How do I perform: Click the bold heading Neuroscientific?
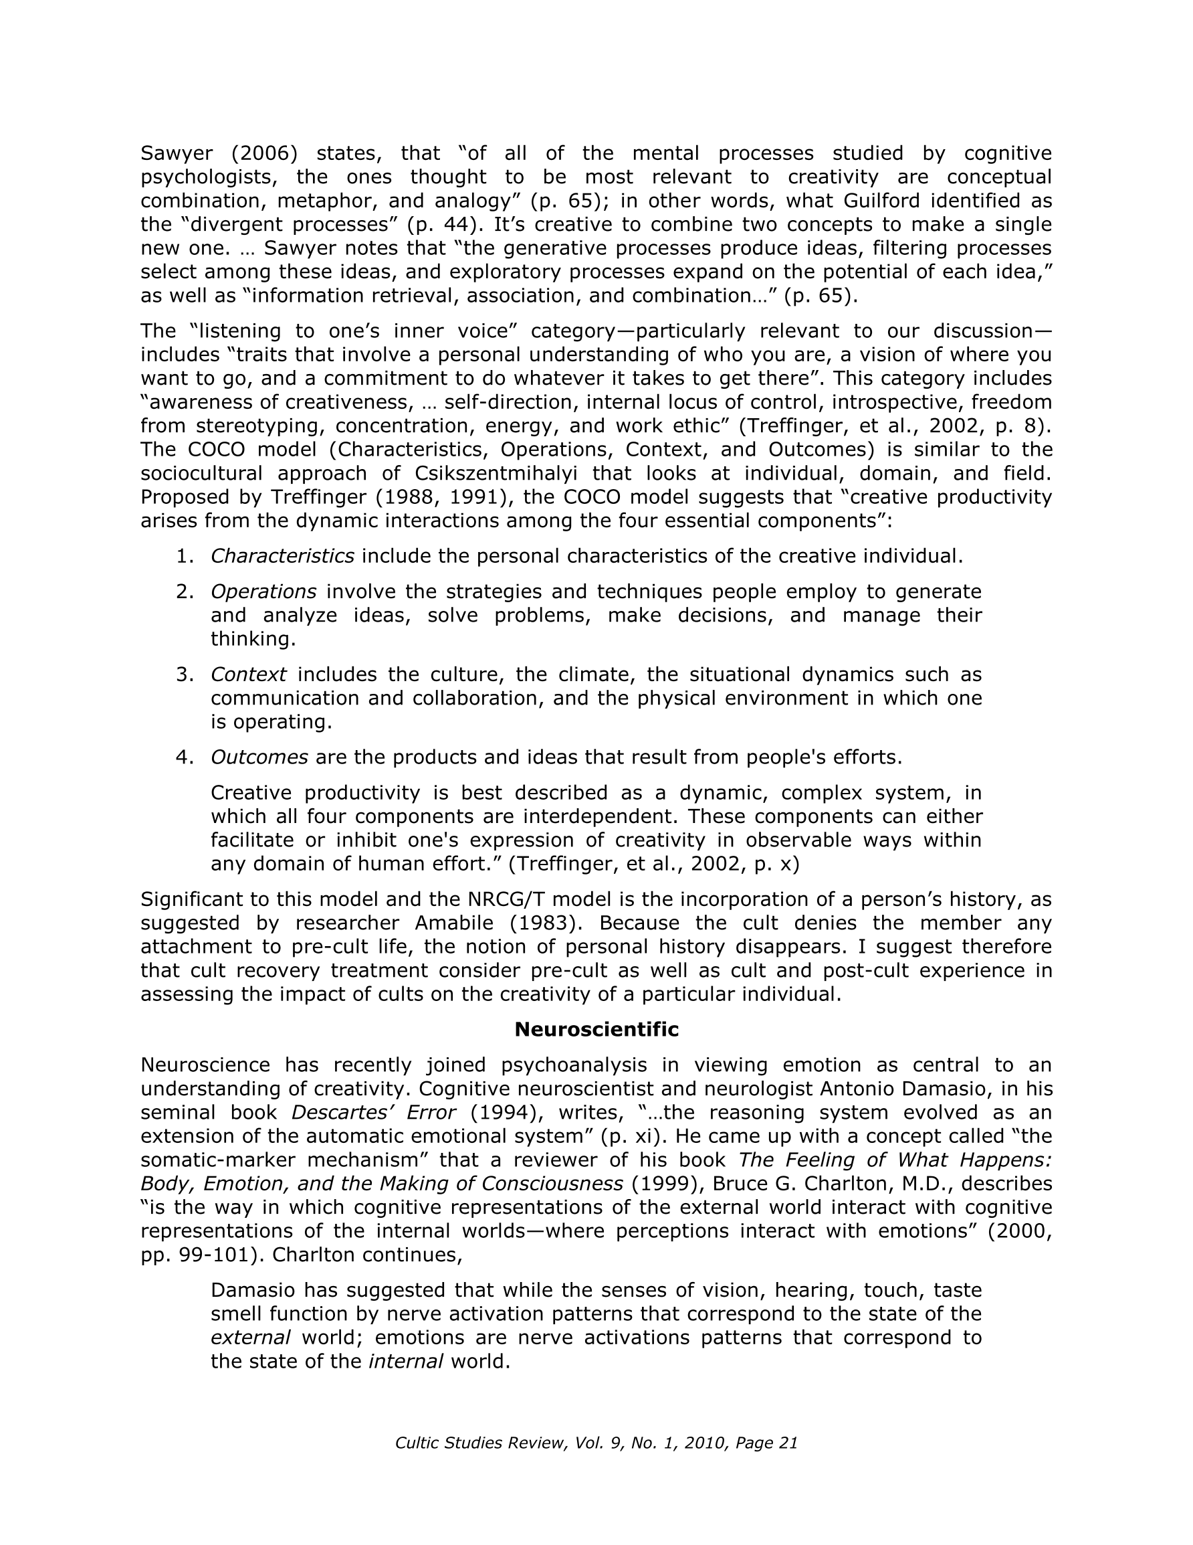596,1029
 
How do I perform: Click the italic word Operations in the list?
263,592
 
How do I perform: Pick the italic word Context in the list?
248,674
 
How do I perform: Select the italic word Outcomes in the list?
259,757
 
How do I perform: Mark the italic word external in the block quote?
250,1338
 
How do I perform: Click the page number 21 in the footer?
788,1443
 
